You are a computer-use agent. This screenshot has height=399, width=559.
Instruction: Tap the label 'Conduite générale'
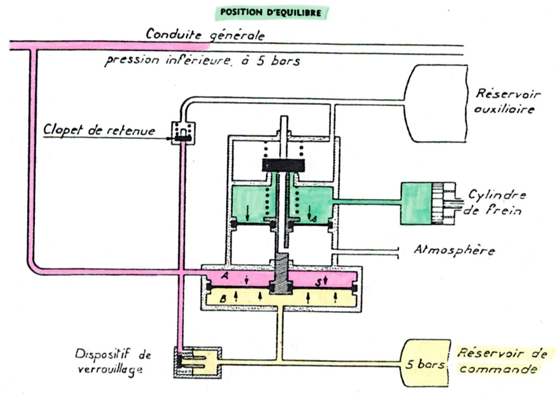tap(205, 34)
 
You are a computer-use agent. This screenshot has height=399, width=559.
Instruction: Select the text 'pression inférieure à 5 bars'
tap(202, 60)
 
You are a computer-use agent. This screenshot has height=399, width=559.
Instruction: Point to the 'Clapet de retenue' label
tap(99, 130)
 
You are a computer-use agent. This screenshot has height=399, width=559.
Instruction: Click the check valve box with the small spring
tap(183, 133)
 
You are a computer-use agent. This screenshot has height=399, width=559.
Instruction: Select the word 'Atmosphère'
tap(454, 250)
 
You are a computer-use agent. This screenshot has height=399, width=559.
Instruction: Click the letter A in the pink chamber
tap(225, 276)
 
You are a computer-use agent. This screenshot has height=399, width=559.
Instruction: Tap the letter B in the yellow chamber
tap(223, 299)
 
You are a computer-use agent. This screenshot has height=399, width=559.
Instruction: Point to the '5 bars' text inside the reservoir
tap(424, 364)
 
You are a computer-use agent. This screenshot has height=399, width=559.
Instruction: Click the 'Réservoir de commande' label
tap(501, 361)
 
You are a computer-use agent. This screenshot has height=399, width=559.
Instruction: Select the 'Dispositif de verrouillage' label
tap(112, 362)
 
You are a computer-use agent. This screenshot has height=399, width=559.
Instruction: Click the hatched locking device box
tap(198, 363)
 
